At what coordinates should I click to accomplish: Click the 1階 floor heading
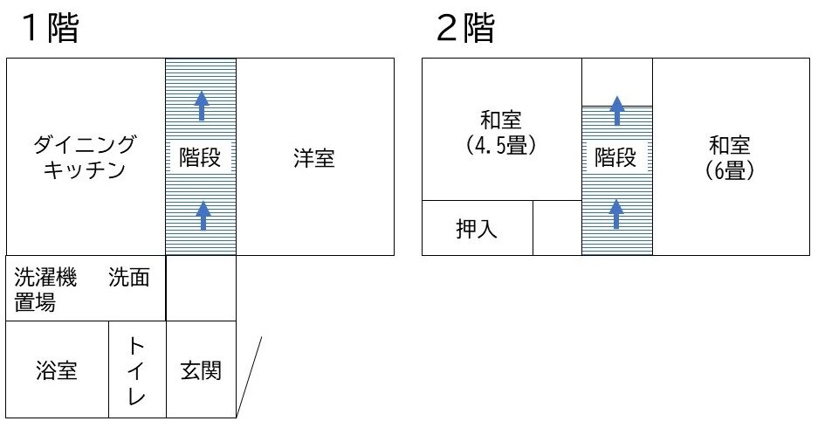(x=51, y=30)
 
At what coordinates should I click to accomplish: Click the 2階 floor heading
(x=465, y=30)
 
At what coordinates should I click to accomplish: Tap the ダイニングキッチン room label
(x=85, y=156)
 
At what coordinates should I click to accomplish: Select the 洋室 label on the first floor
(x=313, y=159)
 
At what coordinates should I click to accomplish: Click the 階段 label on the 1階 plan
(x=201, y=158)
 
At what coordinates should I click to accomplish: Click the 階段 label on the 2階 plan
(x=616, y=158)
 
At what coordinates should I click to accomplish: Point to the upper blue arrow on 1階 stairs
(x=202, y=106)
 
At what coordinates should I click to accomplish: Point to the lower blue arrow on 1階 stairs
(x=203, y=215)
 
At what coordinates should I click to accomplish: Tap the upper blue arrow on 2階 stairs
(x=617, y=109)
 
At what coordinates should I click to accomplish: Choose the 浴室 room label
(x=57, y=370)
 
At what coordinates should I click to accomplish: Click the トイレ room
(x=137, y=369)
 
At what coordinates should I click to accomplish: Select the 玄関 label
(x=201, y=370)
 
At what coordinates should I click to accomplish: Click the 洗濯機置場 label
(x=45, y=289)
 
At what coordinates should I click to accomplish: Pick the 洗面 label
(x=128, y=279)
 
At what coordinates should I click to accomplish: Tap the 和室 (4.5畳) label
(x=501, y=132)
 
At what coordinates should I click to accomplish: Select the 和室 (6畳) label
(x=730, y=157)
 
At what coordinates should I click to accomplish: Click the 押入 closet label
(x=477, y=230)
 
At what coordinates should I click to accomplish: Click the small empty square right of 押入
(x=557, y=228)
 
